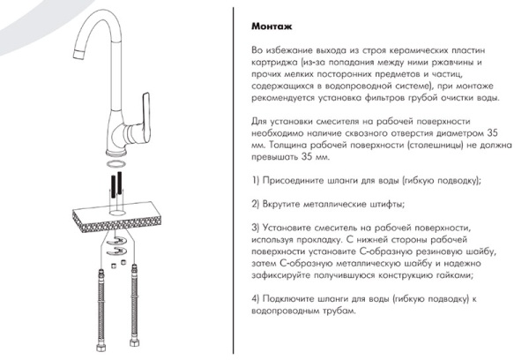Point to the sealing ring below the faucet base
[115, 164]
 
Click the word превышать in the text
[276, 157]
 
